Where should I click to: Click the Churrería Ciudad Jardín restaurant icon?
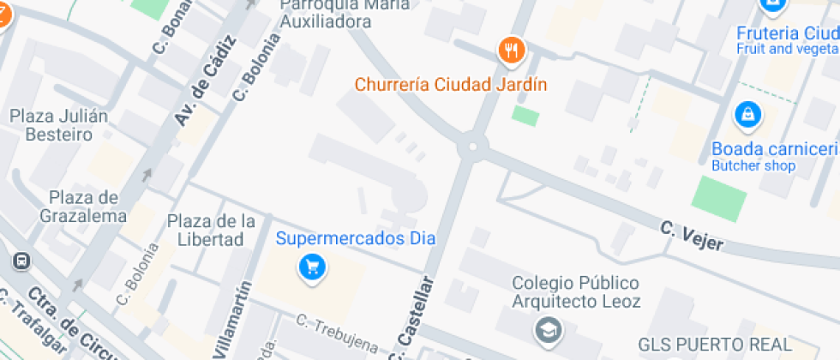pyautogui.click(x=511, y=51)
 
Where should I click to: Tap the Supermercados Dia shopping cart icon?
pyautogui.click(x=312, y=268)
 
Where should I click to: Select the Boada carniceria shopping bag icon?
pyautogui.click(x=747, y=114)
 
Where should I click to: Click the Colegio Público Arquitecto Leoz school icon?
pyautogui.click(x=546, y=328)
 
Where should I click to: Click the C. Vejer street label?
pyautogui.click(x=692, y=237)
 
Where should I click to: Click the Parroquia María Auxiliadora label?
pyautogui.click(x=337, y=14)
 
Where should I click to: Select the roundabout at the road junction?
pyautogui.click(x=470, y=147)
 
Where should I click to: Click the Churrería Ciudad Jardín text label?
pyautogui.click(x=451, y=85)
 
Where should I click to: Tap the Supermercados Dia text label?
pyautogui.click(x=356, y=238)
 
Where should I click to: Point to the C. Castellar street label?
pyautogui.click(x=412, y=319)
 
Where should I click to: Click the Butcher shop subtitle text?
pyautogui.click(x=753, y=166)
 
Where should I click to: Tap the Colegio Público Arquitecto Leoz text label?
pyautogui.click(x=575, y=291)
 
